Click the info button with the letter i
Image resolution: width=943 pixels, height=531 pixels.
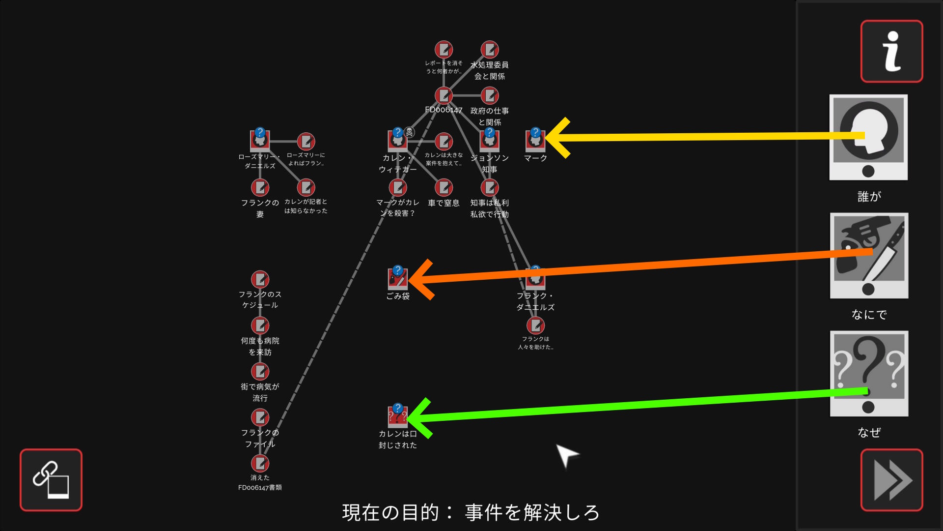pyautogui.click(x=891, y=51)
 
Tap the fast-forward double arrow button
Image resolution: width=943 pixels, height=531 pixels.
pyautogui.click(x=891, y=480)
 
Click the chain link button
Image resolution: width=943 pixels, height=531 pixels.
pyautogui.click(x=51, y=480)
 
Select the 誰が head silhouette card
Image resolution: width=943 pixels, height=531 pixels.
pyautogui.click(x=868, y=137)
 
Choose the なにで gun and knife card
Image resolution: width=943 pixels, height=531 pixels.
pyautogui.click(x=869, y=255)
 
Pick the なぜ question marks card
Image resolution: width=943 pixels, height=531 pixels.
pyautogui.click(x=869, y=373)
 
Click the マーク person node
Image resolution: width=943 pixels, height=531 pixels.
pyautogui.click(x=535, y=140)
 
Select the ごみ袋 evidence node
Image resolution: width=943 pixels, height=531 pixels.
pyautogui.click(x=398, y=278)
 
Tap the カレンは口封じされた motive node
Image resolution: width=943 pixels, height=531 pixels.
pyautogui.click(x=398, y=416)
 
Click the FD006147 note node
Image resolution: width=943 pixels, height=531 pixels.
pyautogui.click(x=444, y=95)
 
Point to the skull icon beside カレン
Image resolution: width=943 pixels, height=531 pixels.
pyautogui.click(x=409, y=132)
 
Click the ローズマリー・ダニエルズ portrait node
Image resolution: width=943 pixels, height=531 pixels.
pyautogui.click(x=260, y=140)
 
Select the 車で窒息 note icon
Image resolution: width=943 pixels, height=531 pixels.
pyautogui.click(x=444, y=187)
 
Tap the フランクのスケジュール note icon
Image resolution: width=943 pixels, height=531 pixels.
pyautogui.click(x=260, y=279)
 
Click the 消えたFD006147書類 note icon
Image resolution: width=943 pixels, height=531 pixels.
pyautogui.click(x=260, y=463)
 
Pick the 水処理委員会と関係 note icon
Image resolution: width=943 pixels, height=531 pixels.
pyautogui.click(x=490, y=49)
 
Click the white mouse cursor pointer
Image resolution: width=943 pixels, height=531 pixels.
pyautogui.click(x=566, y=454)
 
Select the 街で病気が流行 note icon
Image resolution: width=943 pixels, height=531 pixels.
pyautogui.click(x=260, y=371)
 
